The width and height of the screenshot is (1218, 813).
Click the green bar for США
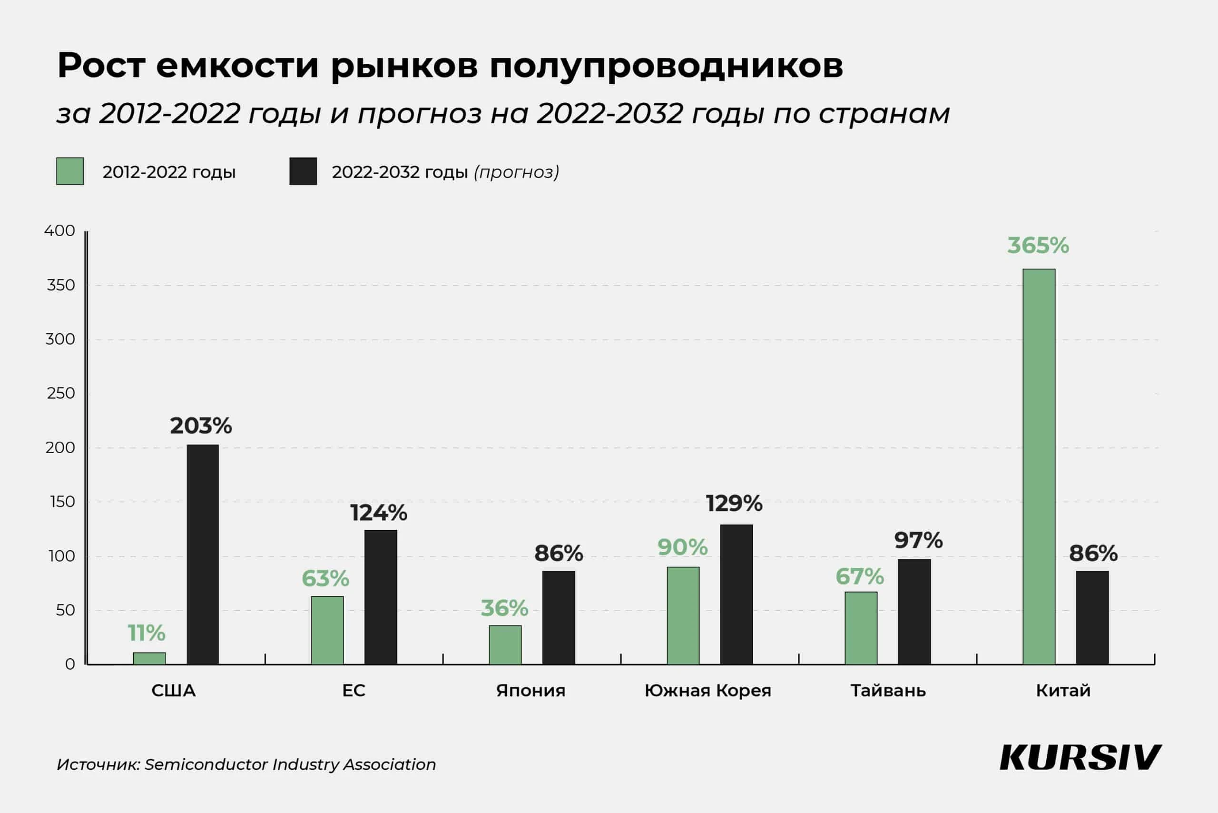click(149, 658)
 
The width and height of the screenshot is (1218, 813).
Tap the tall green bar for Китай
click(1039, 466)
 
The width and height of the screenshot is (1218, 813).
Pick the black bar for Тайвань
click(914, 611)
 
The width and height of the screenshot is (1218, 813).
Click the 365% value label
click(1038, 245)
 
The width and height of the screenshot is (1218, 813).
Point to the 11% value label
click(146, 633)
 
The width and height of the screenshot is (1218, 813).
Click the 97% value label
click(918, 541)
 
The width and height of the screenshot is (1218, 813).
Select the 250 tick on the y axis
click(60, 394)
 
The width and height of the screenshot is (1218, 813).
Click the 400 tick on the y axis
click(59, 231)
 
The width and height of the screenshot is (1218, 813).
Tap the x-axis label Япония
click(530, 691)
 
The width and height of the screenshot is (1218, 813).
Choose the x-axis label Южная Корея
click(707, 691)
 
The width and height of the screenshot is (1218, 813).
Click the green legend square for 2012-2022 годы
click(70, 171)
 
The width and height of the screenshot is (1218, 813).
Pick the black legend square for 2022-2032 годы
click(303, 171)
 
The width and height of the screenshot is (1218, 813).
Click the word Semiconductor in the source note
click(206, 764)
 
